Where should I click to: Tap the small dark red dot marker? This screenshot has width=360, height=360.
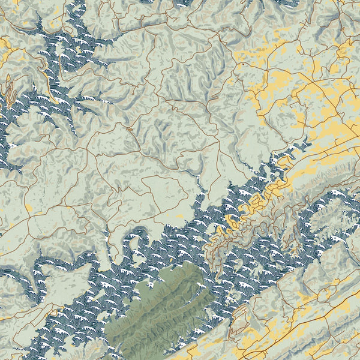(x=242, y=63)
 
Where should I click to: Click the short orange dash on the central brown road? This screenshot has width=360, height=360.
(x=129, y=127)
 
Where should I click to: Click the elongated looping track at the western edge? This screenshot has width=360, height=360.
(x=9, y=90)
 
